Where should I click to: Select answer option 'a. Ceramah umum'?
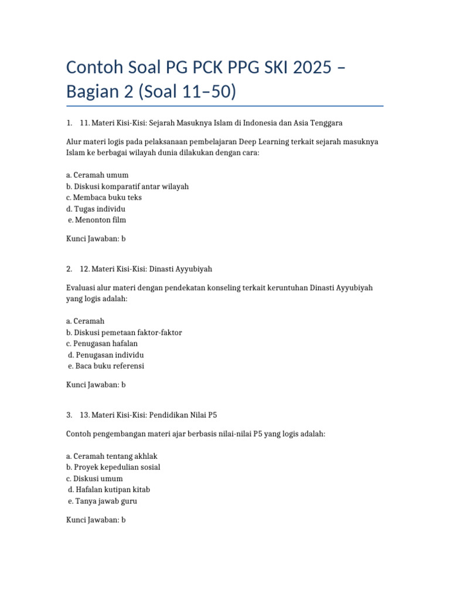point(97,175)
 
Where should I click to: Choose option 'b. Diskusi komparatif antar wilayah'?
point(127,186)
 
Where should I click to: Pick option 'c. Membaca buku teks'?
point(104,197)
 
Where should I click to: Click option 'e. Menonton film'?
point(97,220)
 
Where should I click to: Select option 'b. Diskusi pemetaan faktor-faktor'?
point(124,332)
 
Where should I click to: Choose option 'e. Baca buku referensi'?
point(106,366)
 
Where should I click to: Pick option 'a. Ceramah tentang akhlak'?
point(112,456)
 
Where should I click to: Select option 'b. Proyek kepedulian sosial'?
point(113,467)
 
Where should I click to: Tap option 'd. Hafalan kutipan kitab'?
point(109,489)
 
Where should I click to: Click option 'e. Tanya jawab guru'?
point(103,501)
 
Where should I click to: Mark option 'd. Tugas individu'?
point(96,209)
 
